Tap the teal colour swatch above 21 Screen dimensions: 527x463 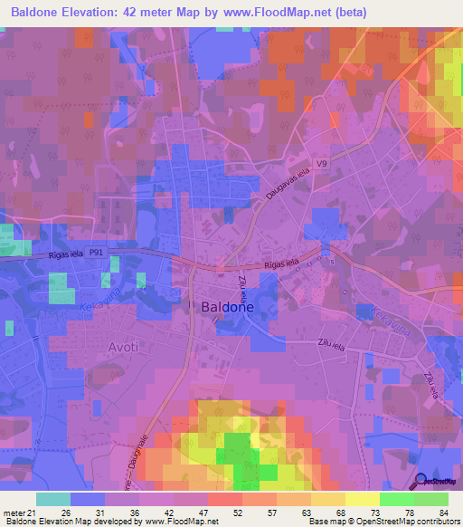(x=53, y=498)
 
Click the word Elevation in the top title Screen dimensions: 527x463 (x=99, y=13)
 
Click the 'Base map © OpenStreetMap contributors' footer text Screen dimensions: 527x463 (x=383, y=522)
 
